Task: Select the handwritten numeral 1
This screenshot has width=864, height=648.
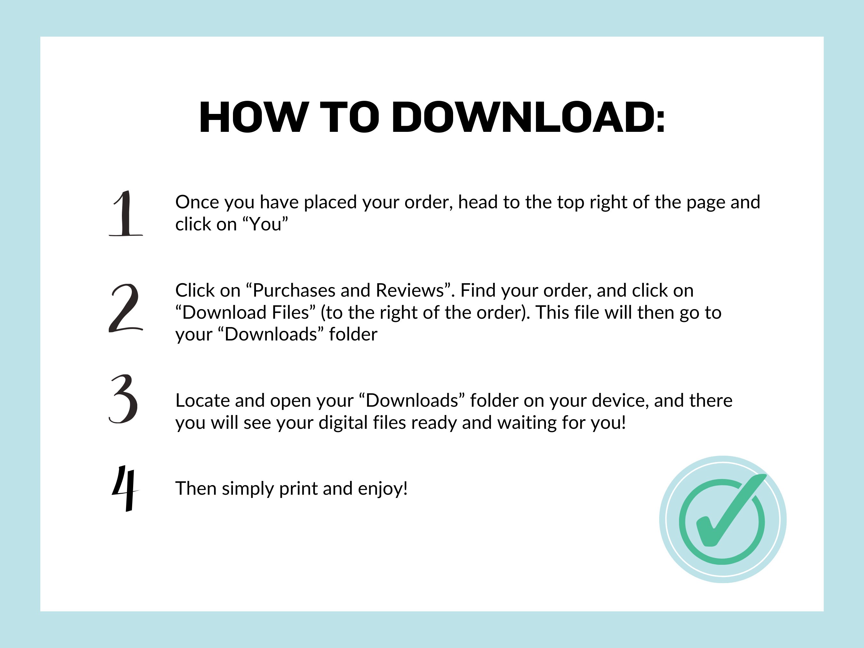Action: (x=126, y=214)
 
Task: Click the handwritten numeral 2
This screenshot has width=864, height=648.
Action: (x=125, y=308)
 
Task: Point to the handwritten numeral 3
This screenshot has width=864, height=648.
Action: (x=124, y=399)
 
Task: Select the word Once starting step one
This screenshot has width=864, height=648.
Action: (x=196, y=202)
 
